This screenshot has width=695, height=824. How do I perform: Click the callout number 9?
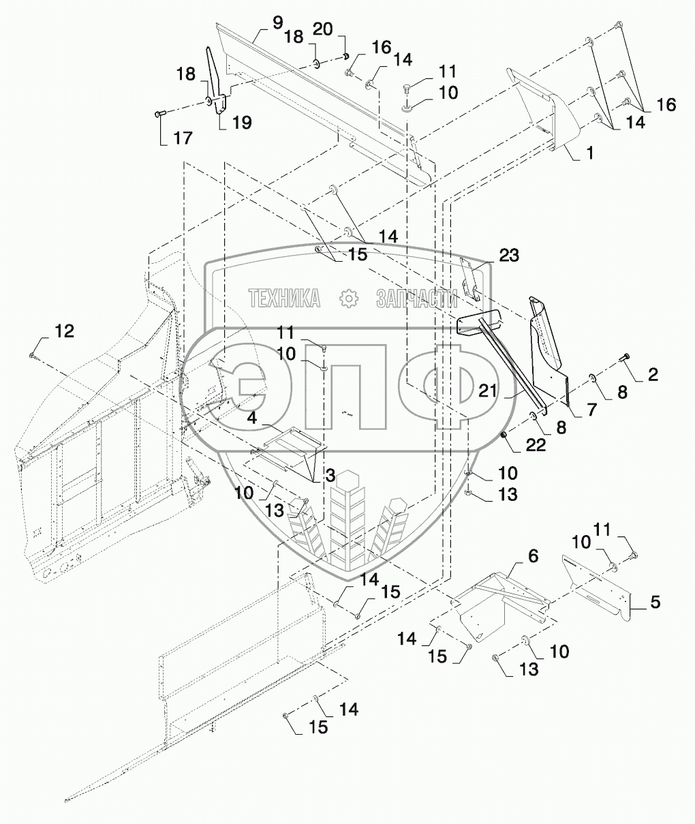(277, 23)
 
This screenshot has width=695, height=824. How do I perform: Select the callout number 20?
(323, 29)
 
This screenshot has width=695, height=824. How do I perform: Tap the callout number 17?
(183, 138)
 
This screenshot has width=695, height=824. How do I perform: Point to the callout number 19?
(242, 122)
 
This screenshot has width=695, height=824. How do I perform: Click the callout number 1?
(590, 153)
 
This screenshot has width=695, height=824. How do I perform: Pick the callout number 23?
(509, 256)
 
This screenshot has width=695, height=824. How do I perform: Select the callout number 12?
(65, 331)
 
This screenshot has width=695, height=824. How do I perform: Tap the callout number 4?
(252, 418)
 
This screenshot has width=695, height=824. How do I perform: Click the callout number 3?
(330, 476)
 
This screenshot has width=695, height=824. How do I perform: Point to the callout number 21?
(488, 391)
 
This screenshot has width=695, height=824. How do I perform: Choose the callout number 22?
(536, 445)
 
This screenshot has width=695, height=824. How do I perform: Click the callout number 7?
(591, 410)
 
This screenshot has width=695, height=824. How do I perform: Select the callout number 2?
(653, 374)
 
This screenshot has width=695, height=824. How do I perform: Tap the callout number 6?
(533, 556)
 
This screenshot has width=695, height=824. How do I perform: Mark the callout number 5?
(655, 602)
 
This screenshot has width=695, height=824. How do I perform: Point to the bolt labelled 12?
(32, 356)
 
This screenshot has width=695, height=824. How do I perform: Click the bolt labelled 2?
(624, 357)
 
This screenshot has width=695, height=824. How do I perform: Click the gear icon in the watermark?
(349, 299)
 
